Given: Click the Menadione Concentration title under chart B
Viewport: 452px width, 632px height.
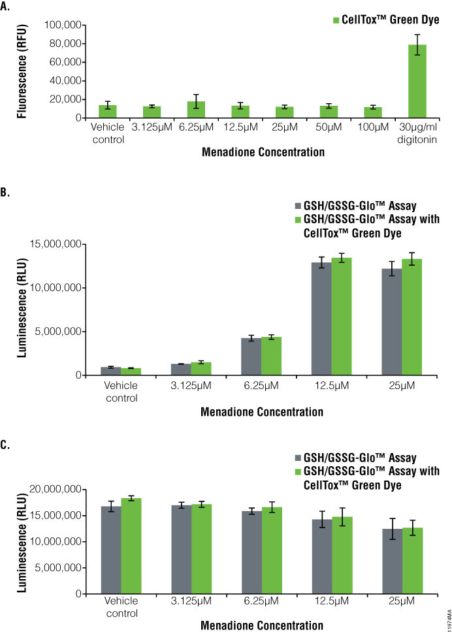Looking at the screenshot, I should coord(262,412).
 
